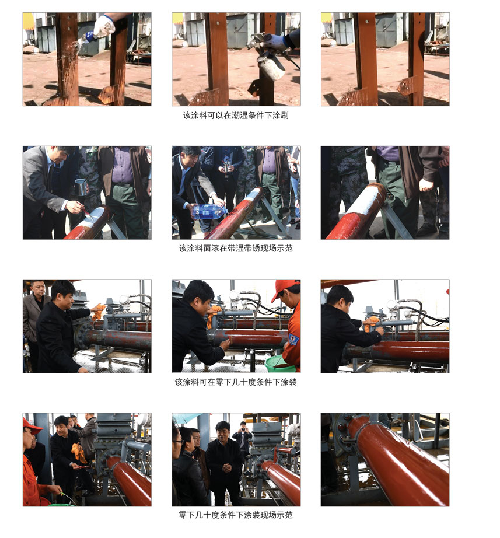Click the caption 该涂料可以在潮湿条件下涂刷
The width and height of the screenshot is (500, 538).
(236, 116)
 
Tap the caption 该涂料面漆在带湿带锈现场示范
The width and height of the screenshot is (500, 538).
(236, 249)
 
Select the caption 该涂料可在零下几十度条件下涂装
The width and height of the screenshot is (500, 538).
(236, 382)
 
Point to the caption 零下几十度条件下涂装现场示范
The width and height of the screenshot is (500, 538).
(236, 515)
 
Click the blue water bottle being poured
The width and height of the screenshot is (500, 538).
(209, 211)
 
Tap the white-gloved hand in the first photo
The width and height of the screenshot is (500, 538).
(104, 26)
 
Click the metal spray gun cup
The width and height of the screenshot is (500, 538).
(271, 67)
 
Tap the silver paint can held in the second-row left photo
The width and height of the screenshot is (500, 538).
(81, 187)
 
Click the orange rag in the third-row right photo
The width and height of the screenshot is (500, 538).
(371, 323)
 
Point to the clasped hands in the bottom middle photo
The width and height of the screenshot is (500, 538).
(227, 467)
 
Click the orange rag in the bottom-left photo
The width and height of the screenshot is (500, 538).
(79, 453)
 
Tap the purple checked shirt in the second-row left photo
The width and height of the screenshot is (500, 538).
(122, 165)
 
